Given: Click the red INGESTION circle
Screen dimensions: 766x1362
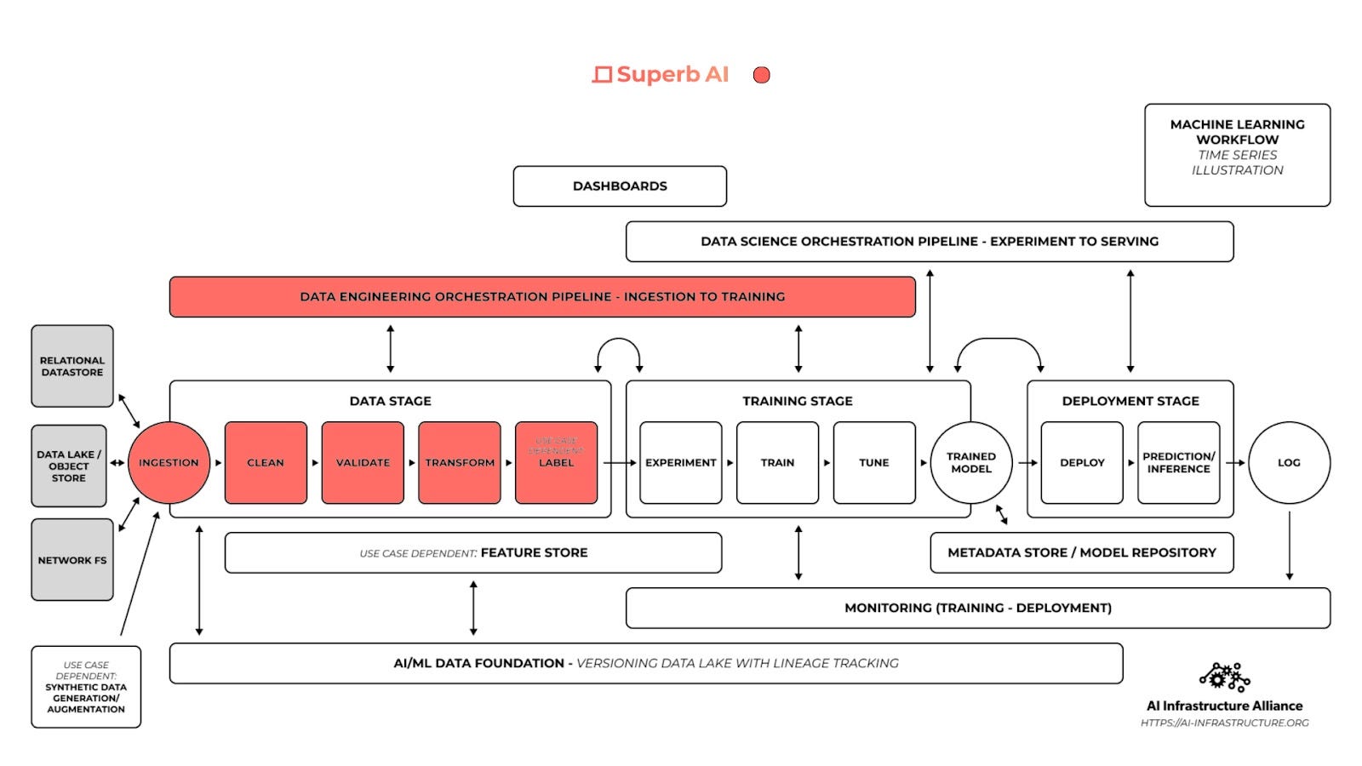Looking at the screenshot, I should point(169,462).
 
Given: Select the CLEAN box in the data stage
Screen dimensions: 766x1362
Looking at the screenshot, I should point(266,462).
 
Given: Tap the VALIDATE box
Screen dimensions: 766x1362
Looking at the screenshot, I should point(363,462).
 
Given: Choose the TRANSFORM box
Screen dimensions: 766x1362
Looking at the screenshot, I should point(460,462).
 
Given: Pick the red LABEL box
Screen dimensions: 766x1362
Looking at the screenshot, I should point(556,462).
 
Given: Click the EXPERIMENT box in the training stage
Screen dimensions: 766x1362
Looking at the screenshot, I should point(680,462).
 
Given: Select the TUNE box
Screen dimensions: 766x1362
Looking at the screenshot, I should point(874,462).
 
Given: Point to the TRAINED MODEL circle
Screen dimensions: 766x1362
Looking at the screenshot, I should point(971,462).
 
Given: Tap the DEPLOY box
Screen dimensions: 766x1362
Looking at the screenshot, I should point(1082,462).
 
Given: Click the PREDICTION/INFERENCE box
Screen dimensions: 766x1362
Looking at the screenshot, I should point(1178,462).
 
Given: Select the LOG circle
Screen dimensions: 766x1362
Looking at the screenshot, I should point(1289,462).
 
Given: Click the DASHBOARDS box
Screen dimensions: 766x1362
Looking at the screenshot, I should point(620,186).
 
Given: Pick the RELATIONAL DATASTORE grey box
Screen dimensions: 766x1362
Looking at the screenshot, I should point(72,366).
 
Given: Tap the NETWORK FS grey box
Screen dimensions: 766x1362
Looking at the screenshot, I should point(72,560).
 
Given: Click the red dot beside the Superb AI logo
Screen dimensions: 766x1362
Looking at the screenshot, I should point(762,75).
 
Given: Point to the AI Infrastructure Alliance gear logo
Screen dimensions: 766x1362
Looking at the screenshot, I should point(1224,677).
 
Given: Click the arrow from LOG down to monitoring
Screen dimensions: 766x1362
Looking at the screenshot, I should point(1290,545).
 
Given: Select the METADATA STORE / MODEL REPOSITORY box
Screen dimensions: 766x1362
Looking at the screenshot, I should point(1081,552).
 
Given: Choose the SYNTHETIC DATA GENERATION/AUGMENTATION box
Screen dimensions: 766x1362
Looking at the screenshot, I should point(86,687).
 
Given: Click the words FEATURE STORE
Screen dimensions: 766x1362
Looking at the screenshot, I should point(534,552).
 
